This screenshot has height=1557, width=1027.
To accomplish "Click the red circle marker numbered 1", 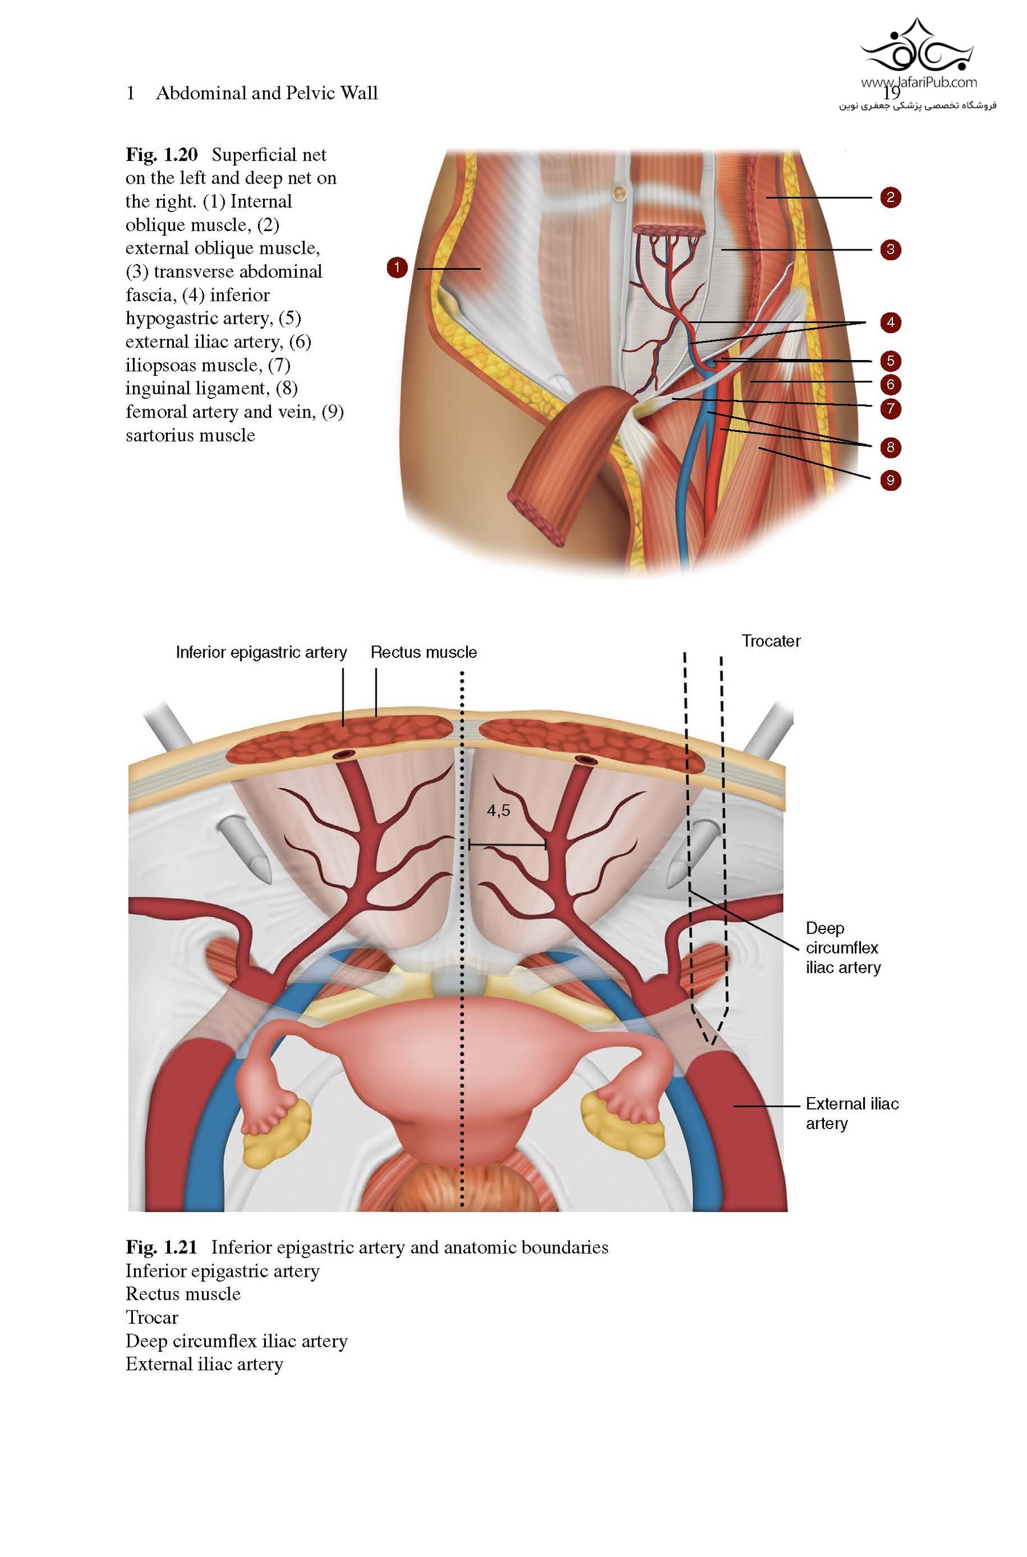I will [397, 267].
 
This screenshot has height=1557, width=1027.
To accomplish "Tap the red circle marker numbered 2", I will [890, 197].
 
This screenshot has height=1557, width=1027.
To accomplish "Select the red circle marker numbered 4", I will [890, 322].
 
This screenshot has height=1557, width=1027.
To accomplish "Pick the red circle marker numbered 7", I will [890, 409].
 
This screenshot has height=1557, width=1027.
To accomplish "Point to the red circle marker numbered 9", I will [890, 480].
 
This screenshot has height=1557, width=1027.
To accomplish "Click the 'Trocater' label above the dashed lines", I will [770, 641].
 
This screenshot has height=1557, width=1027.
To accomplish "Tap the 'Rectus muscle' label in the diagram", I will [423, 652].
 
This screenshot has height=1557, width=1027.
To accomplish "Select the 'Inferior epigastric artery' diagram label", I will [261, 652].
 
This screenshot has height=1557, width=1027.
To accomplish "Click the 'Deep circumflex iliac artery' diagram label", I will [842, 948].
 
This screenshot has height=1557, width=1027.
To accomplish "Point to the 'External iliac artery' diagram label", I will [851, 1113].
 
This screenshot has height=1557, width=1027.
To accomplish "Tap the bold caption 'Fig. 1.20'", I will [161, 155].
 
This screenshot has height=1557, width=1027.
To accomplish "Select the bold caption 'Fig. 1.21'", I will [161, 1247].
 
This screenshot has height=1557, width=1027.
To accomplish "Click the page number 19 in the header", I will [891, 93].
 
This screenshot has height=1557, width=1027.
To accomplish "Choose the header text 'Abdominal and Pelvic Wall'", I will [266, 93].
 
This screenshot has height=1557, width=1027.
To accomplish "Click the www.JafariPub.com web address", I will [918, 83].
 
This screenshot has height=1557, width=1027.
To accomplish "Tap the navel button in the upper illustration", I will [619, 191].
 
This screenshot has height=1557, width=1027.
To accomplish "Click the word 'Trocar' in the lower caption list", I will [151, 1317].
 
